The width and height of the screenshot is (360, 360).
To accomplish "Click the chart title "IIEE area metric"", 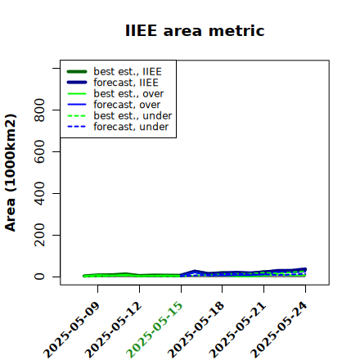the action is click(195, 30).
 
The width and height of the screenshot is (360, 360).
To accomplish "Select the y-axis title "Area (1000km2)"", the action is click(11, 173).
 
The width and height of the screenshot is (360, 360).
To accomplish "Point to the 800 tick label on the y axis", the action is click(39, 110).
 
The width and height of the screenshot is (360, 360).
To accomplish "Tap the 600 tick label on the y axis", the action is click(39, 151).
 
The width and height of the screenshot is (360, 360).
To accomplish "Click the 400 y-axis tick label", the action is click(39, 193).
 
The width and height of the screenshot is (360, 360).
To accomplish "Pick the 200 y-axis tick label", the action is click(39, 235).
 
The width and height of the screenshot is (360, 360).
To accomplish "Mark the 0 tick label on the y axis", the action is click(39, 277).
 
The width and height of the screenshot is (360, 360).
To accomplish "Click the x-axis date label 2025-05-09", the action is click(71, 330).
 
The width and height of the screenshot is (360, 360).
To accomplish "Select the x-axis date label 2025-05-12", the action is click(113, 330).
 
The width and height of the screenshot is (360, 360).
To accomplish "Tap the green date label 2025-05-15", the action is click(155, 330).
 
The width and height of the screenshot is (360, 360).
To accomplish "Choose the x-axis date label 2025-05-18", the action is click(196, 330).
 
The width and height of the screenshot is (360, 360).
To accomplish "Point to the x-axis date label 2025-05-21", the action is click(237, 330).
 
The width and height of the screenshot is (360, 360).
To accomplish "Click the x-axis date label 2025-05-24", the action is click(279, 330).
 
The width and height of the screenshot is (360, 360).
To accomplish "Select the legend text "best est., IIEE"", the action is click(128, 72).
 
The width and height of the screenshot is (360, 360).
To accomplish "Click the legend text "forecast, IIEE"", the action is click(126, 83).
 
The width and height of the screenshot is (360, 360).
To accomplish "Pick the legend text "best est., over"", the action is click(128, 94).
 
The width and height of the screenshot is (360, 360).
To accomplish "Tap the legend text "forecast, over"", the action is click(127, 105).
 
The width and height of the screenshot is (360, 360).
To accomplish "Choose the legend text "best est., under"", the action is click(133, 116).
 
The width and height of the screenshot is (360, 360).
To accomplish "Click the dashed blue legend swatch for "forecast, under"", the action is click(77, 127).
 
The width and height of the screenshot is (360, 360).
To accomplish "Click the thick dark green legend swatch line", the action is click(77, 71).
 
